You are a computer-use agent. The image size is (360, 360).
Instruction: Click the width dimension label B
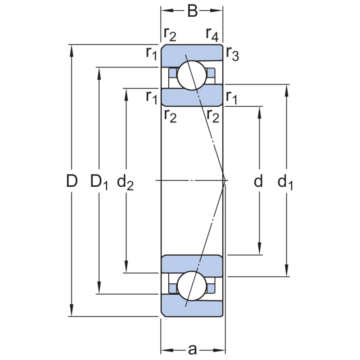[x=192, y=11]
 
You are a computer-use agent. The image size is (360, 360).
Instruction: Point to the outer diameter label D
[x=72, y=181]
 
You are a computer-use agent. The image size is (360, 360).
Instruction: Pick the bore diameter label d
[x=258, y=181]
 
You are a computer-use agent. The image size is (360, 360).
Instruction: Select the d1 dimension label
[x=285, y=182]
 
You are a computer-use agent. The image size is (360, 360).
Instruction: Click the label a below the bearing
[x=192, y=349]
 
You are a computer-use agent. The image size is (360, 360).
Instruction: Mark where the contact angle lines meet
[x=225, y=180]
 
